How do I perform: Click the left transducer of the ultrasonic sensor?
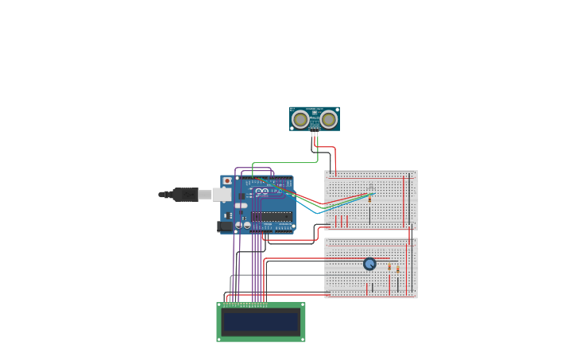pos(300,119)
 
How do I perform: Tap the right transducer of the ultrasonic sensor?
pos(328,119)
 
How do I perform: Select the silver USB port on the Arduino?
pos(222,194)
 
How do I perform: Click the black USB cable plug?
pos(185,194)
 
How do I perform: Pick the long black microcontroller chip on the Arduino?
pos(272,215)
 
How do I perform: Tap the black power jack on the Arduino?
pos(225,226)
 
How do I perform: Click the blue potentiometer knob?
pos(369,264)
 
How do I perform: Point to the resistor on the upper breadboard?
pos(369,199)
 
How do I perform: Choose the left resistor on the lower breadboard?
pos(389,268)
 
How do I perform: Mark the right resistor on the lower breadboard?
pos(398,269)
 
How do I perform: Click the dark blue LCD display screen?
pos(261,322)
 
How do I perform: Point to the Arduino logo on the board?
pos(261,192)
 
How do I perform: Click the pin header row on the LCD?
pos(245,305)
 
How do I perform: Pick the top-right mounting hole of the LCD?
pos(302,305)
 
